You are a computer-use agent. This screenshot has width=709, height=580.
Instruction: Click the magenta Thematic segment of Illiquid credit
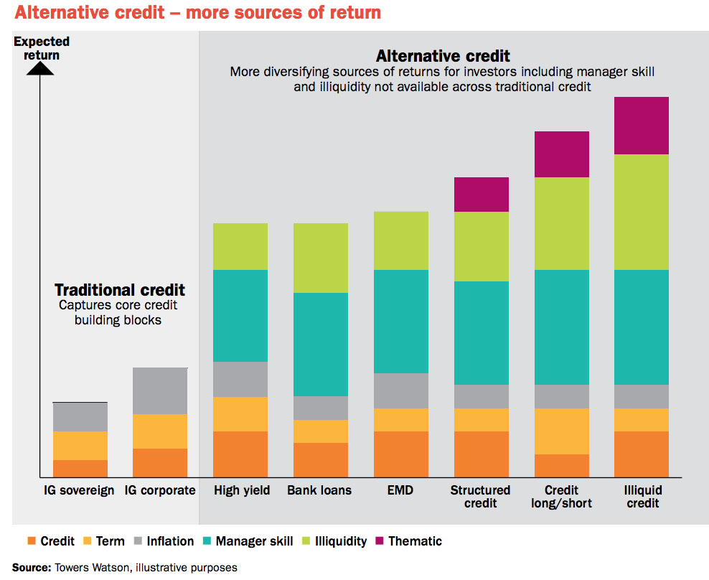(641, 126)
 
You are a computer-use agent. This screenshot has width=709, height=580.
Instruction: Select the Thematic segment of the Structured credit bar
(481, 195)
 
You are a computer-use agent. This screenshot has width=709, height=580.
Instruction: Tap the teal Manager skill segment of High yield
(240, 316)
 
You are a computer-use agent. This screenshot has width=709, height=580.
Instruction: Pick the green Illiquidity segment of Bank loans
(321, 258)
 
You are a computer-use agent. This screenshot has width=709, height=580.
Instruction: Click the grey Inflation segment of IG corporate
(160, 391)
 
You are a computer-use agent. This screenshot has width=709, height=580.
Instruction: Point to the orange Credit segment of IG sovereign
(80, 469)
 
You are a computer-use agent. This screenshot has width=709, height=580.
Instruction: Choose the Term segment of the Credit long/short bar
(561, 431)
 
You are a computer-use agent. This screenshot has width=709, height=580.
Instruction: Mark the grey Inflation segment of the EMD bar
(401, 390)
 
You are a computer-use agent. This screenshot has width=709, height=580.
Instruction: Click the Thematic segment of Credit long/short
(561, 154)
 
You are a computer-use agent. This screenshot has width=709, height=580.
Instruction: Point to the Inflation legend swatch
(138, 541)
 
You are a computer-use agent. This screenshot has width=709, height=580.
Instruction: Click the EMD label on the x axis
(401, 491)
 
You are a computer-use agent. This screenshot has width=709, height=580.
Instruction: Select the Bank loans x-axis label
(319, 491)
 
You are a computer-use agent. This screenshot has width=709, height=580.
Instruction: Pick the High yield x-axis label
(242, 491)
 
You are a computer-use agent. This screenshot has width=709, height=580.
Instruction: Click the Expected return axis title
(37, 49)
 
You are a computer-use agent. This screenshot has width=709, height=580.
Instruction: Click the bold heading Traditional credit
(120, 290)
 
